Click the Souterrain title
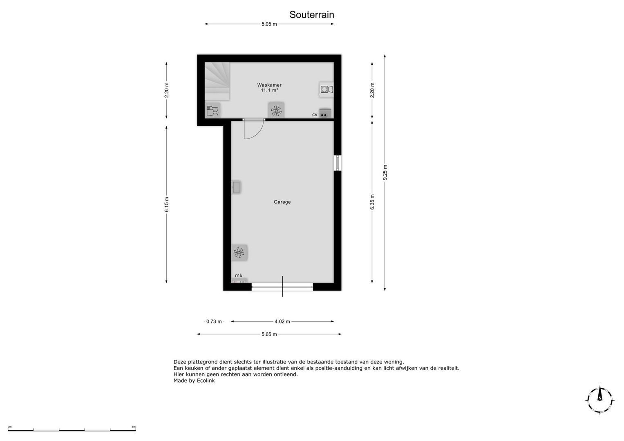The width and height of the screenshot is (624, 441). [x=312, y=15]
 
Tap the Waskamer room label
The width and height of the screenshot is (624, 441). [x=269, y=85]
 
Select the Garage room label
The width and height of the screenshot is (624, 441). [x=282, y=202]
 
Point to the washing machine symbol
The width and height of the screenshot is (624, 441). [x=326, y=89]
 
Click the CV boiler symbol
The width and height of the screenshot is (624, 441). [x=324, y=114]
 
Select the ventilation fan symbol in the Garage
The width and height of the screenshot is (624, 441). [x=239, y=253]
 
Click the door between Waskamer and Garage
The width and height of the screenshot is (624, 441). [x=253, y=128]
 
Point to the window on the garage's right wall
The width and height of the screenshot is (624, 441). [x=338, y=163]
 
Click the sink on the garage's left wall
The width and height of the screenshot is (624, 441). [x=236, y=187]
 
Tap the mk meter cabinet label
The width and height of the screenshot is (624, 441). [x=239, y=276]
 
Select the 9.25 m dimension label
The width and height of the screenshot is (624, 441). [x=385, y=172]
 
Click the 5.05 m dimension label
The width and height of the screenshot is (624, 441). [x=269, y=24]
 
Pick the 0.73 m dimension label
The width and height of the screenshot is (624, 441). [x=214, y=321]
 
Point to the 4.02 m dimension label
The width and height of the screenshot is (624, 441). [x=282, y=321]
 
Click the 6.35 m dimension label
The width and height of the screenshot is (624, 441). [x=372, y=202]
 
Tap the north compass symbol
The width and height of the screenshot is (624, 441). [x=599, y=400]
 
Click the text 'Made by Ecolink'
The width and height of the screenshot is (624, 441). [x=194, y=381]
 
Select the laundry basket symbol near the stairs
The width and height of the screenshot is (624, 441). [x=212, y=111]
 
